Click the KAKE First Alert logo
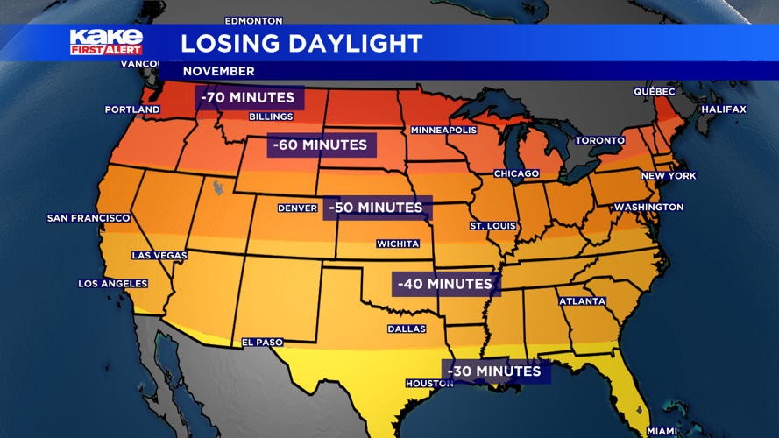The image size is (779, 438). pyautogui.click(x=106, y=42)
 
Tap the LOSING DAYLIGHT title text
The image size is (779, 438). pyautogui.click(x=301, y=43)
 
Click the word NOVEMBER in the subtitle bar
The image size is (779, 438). pyautogui.click(x=219, y=71)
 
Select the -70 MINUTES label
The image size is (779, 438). pyautogui.click(x=249, y=97)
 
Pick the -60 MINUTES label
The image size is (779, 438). pyautogui.click(x=320, y=145)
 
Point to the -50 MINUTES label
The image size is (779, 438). pyautogui.click(x=377, y=208)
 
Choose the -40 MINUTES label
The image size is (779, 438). pyautogui.click(x=445, y=284)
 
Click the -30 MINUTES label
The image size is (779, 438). pyautogui.click(x=494, y=371)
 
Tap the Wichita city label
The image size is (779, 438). pyautogui.click(x=398, y=244)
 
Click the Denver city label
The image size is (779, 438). pyautogui.click(x=297, y=208)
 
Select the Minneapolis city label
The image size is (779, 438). pyautogui.click(x=444, y=131)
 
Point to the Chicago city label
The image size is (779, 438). pyautogui.click(x=516, y=173)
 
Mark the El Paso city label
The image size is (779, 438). pyautogui.click(x=263, y=343)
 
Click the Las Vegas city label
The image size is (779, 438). pyautogui.click(x=159, y=256)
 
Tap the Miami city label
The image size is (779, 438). pyautogui.click(x=662, y=431)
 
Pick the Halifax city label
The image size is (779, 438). pyautogui.click(x=724, y=109)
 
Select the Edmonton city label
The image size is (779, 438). pyautogui.click(x=254, y=20)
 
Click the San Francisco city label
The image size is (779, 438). pyautogui.click(x=89, y=218)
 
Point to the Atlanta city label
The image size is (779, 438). pyautogui.click(x=583, y=301)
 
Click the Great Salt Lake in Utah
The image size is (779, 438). pyautogui.click(x=217, y=187)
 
